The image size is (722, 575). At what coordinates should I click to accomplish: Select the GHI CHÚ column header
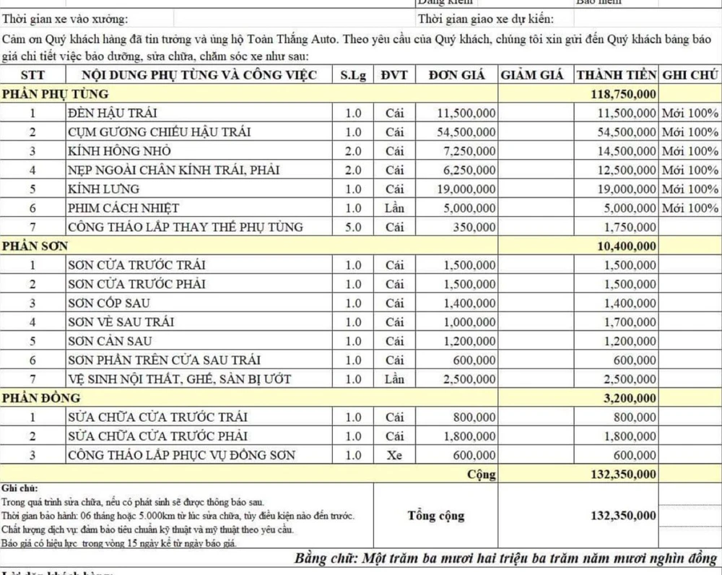pyautogui.click(x=690, y=75)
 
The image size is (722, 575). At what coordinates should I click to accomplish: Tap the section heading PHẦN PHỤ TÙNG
pyautogui.click(x=56, y=94)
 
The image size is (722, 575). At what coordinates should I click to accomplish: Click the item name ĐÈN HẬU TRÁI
pyautogui.click(x=112, y=113)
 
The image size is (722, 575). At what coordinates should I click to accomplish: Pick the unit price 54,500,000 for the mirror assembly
pyautogui.click(x=466, y=132)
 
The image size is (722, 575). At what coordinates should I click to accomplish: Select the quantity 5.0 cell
pyautogui.click(x=353, y=227)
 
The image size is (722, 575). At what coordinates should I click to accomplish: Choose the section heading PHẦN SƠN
pyautogui.click(x=35, y=246)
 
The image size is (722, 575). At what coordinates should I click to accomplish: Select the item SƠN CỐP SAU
pyautogui.click(x=109, y=303)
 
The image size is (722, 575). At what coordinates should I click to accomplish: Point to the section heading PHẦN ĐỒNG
pyautogui.click(x=41, y=398)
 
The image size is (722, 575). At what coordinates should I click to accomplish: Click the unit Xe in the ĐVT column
pyautogui.click(x=394, y=455)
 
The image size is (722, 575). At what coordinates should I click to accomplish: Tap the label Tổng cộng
pyautogui.click(x=435, y=516)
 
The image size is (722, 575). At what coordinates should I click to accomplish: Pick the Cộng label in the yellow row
pyautogui.click(x=482, y=474)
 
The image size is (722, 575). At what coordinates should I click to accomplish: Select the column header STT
pyautogui.click(x=32, y=75)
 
